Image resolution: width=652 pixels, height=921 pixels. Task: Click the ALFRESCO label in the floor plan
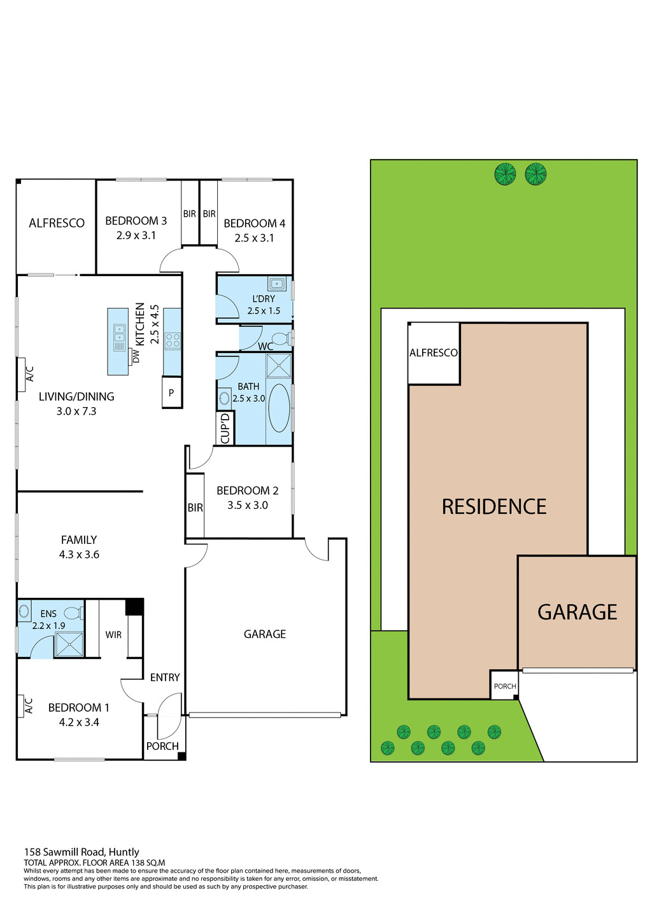tap(57, 223)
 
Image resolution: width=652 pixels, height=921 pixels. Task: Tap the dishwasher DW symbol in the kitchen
tap(135, 356)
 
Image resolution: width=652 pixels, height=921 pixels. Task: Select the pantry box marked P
tap(171, 393)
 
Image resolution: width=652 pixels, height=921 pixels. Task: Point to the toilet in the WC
tap(280, 338)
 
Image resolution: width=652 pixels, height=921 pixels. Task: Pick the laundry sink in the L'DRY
tap(276, 284)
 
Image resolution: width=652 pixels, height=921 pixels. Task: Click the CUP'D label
tap(225, 429)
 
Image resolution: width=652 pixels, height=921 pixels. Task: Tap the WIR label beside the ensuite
tap(113, 635)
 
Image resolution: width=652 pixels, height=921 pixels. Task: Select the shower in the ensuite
tap(69, 644)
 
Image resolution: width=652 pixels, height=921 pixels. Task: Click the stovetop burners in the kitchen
tap(173, 340)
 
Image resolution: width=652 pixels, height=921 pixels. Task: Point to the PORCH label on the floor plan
tap(162, 746)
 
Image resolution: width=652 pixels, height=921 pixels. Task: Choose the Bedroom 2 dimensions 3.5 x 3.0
tap(248, 505)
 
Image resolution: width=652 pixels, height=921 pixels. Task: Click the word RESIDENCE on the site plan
tap(494, 507)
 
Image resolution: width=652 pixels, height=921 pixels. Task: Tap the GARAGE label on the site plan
tap(578, 612)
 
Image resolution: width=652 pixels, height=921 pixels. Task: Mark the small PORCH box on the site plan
tap(504, 686)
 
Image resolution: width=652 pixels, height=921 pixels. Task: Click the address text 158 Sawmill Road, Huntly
tap(81, 852)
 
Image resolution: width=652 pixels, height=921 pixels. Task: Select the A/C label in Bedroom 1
tap(29, 705)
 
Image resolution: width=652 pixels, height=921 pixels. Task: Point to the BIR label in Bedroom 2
tap(195, 508)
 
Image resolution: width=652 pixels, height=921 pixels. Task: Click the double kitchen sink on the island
tap(119, 338)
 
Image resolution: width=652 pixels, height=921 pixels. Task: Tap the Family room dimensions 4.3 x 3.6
tap(79, 555)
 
